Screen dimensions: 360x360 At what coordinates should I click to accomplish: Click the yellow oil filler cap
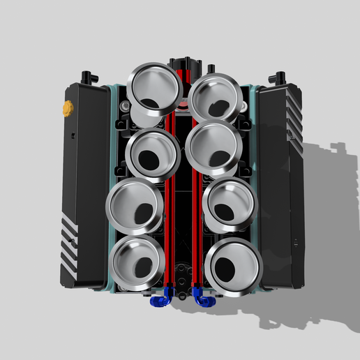click(68, 108)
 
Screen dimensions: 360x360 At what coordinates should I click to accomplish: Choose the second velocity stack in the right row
click(213, 147)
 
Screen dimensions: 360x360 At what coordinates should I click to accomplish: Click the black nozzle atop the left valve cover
click(86, 75)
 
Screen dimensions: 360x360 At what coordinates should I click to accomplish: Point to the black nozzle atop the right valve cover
click(281, 75)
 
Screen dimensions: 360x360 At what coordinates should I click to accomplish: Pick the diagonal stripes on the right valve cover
click(292, 112)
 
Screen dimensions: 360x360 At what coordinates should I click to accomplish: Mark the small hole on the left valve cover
click(72, 133)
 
